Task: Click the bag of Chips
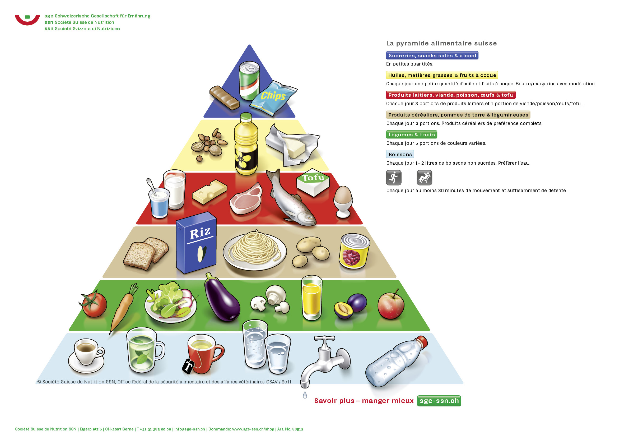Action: [x=273, y=98]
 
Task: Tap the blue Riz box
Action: [x=196, y=243]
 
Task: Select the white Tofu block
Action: [x=313, y=183]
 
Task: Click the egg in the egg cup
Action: [x=343, y=194]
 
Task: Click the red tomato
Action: [x=94, y=304]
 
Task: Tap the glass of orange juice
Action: [x=311, y=298]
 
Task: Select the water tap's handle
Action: [x=325, y=339]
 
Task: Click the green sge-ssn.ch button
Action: [x=439, y=401]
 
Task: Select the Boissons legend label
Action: [x=400, y=154]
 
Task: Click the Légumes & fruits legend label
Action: [x=412, y=135]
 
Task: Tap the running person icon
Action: [x=394, y=178]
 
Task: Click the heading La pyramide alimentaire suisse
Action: [x=441, y=43]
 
